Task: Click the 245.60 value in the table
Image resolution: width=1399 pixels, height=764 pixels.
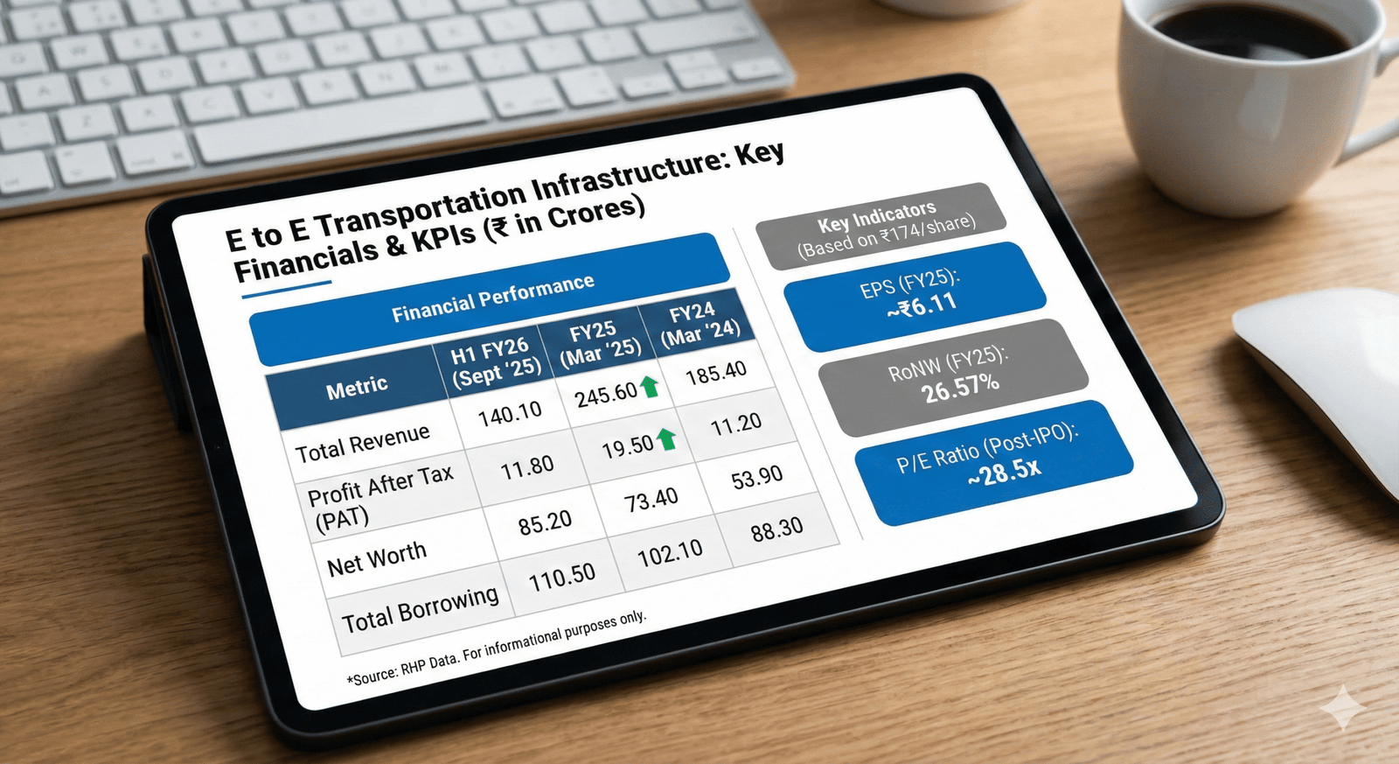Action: [606, 395]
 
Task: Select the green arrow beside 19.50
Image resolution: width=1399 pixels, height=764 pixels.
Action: [666, 439]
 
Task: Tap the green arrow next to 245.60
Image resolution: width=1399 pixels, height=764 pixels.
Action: [650, 387]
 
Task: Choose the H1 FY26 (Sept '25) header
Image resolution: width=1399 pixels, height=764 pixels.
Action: [494, 362]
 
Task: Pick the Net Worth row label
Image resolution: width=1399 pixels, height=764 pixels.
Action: [377, 559]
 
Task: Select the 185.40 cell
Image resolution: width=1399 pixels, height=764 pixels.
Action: [716, 374]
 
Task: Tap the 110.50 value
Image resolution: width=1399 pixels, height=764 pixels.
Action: [562, 578]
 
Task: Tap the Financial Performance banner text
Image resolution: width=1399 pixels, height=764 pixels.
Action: [493, 298]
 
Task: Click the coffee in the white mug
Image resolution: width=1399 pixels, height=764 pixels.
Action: [1249, 32]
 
